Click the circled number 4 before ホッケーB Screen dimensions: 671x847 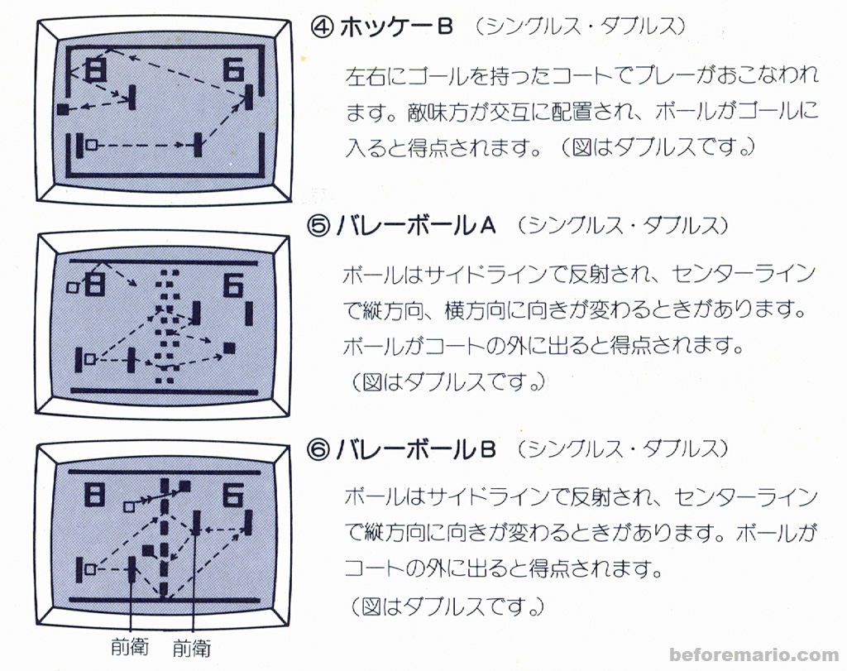click(x=321, y=27)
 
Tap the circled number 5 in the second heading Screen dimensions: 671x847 click(x=320, y=226)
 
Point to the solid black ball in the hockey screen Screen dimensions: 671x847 click(x=62, y=108)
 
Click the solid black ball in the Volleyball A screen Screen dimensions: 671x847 click(x=229, y=347)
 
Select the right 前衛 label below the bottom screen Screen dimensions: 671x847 click(x=192, y=647)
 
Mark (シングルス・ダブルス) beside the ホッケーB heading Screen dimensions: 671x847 click(x=579, y=27)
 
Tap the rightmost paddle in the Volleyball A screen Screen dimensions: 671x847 click(x=249, y=312)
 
